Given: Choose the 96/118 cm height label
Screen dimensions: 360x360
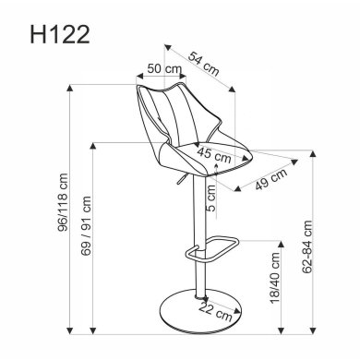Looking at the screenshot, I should (60, 207).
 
